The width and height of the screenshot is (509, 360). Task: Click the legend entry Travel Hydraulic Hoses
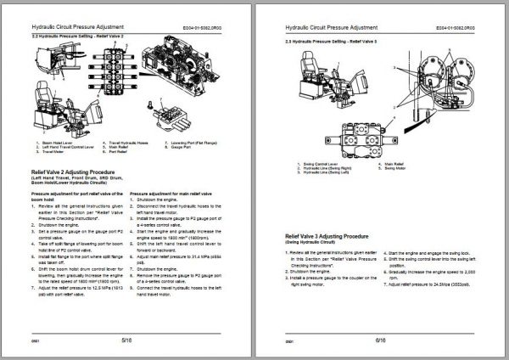coord(120,142)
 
